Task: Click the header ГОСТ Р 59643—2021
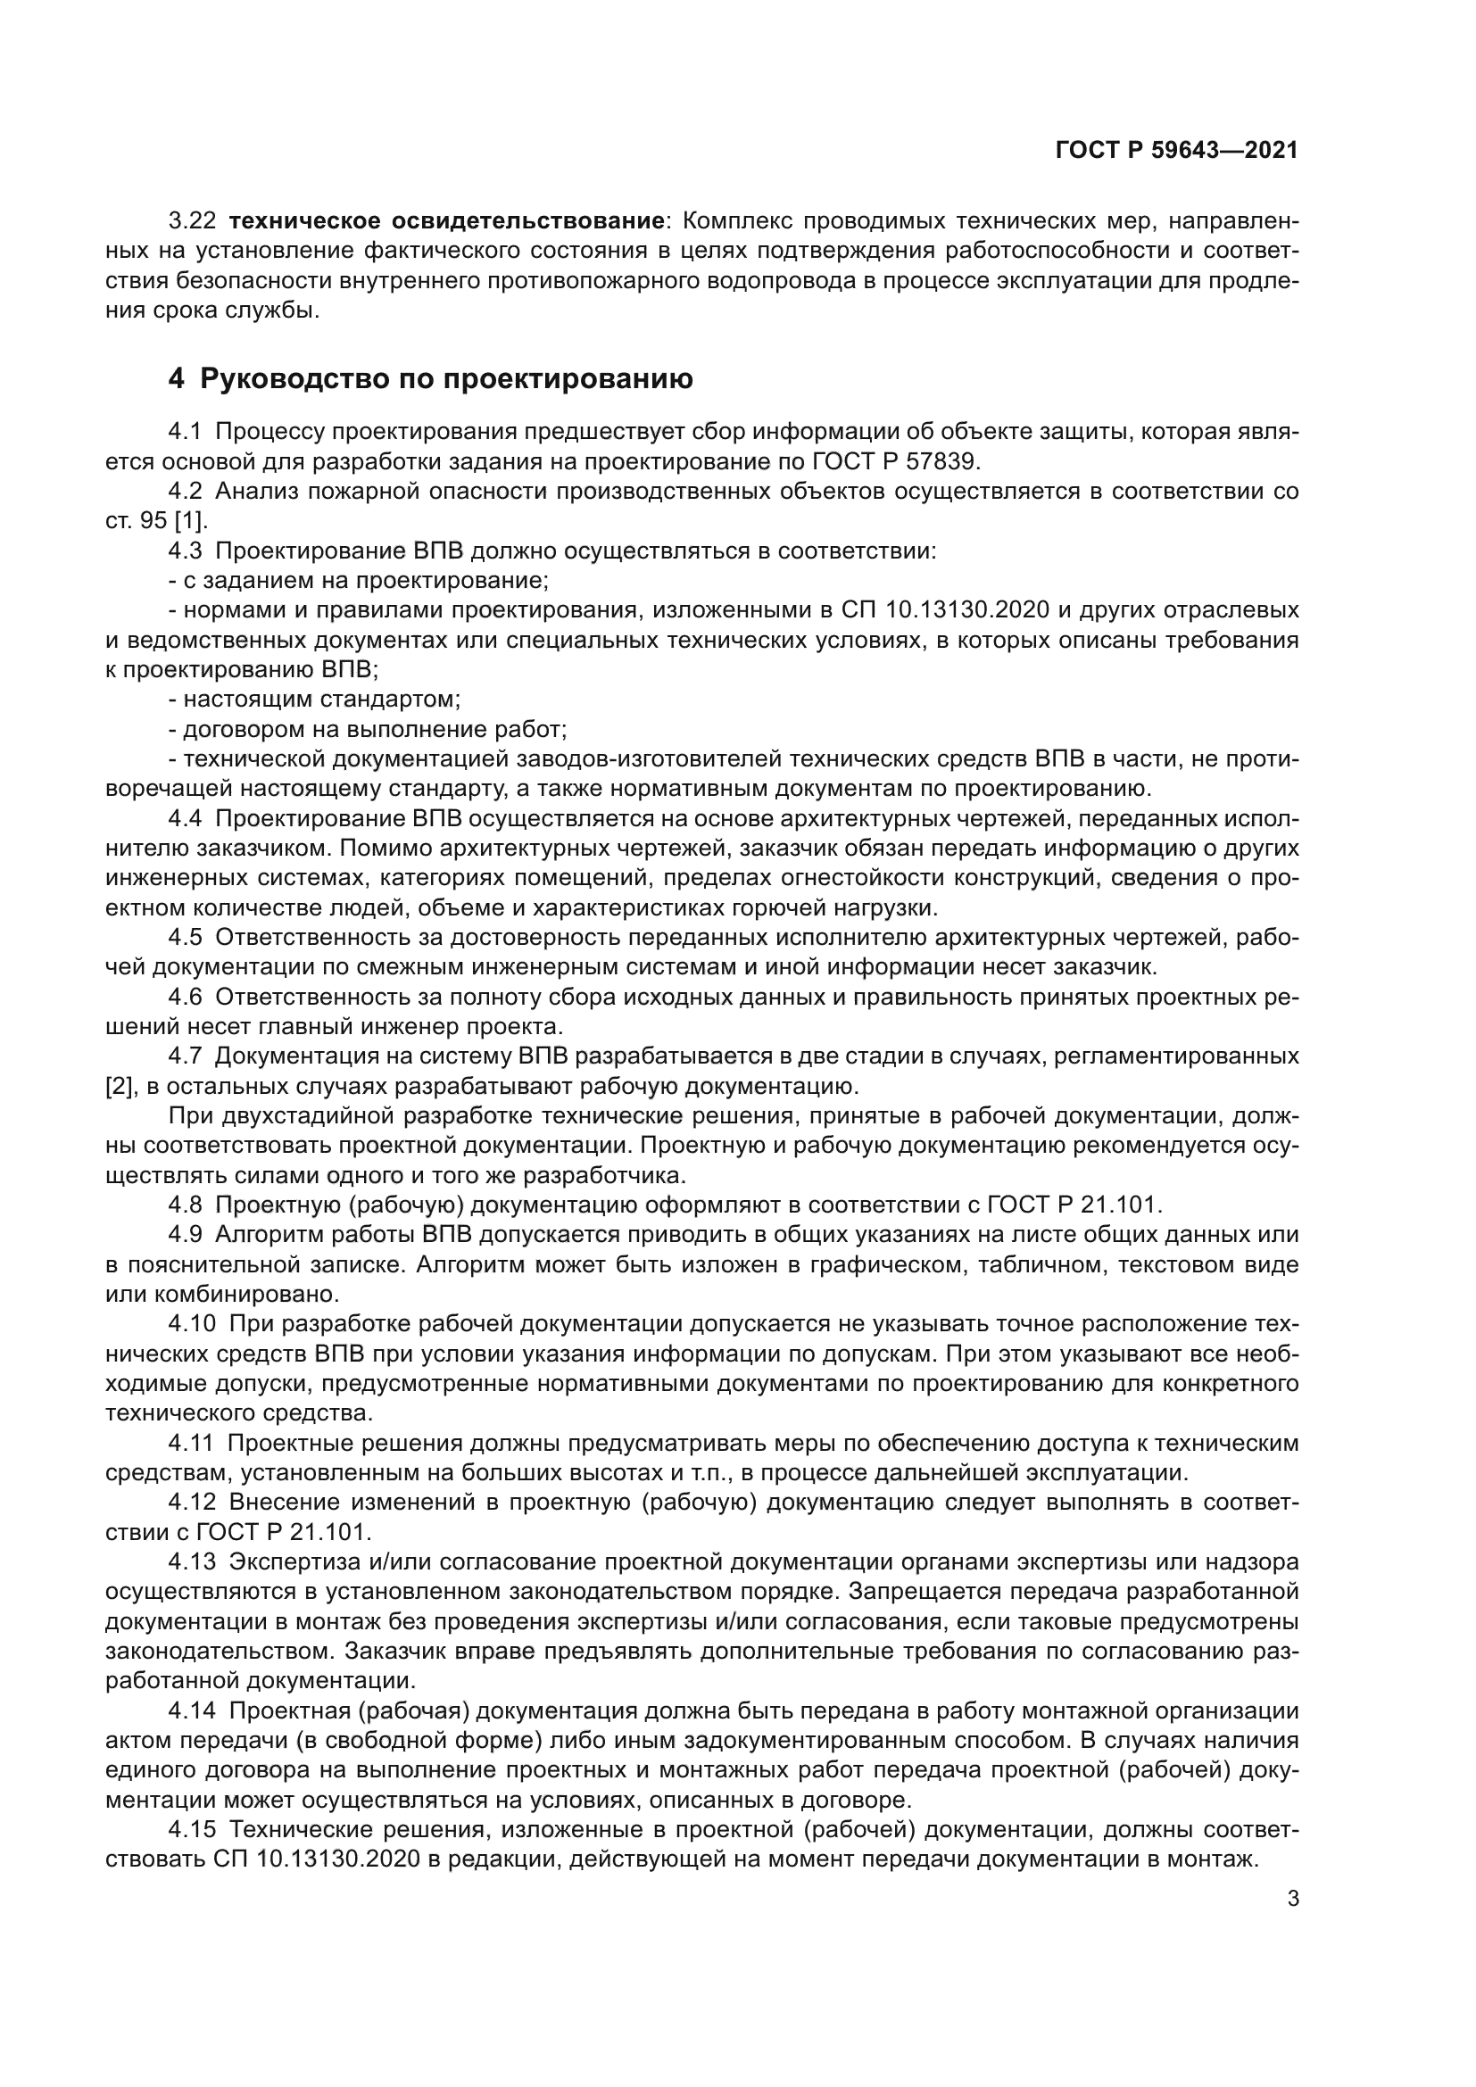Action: [x=1176, y=151]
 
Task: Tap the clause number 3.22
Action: [x=192, y=221]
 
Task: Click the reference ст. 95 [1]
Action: [x=156, y=521]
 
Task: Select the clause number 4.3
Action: [x=187, y=551]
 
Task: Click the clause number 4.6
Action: [x=187, y=998]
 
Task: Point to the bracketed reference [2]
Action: [x=119, y=1086]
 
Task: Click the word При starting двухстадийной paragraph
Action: [x=188, y=1116]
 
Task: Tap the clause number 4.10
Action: [x=192, y=1324]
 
